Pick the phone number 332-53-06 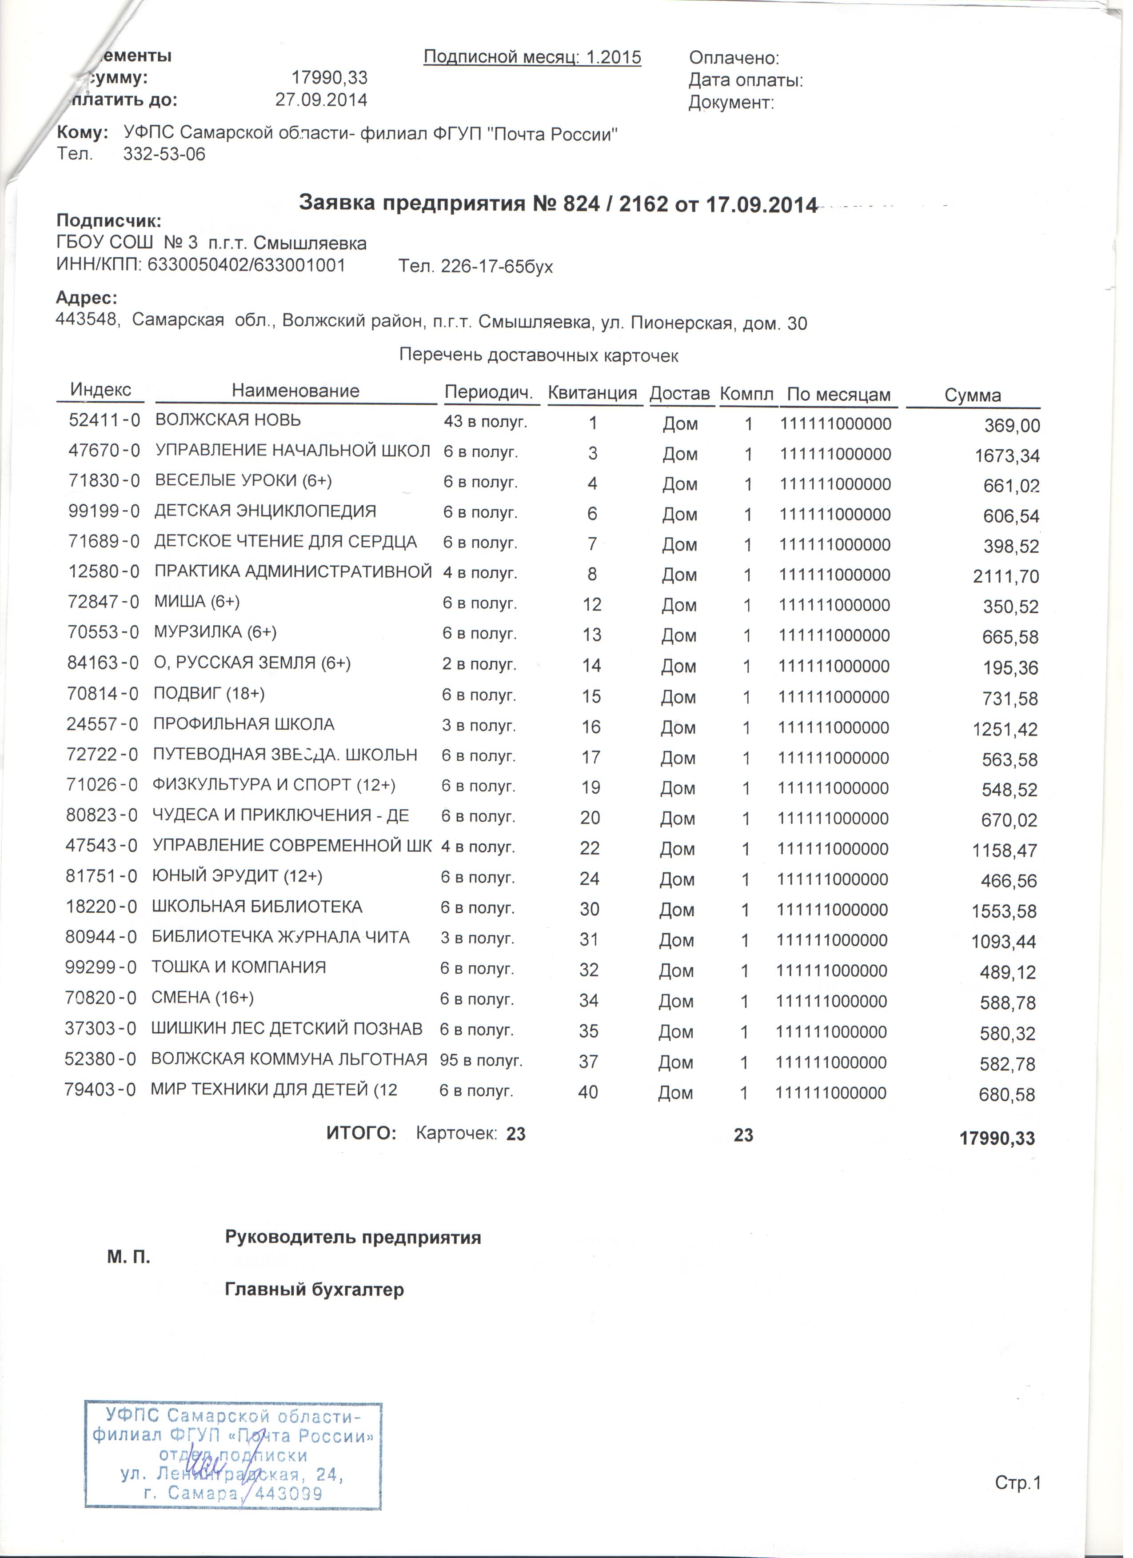165,155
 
